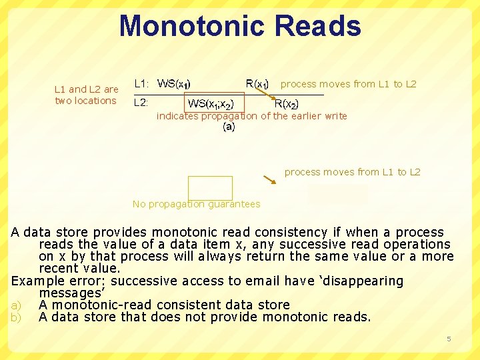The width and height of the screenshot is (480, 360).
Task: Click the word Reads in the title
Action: tap(317, 26)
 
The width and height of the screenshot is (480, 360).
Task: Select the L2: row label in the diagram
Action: tap(141, 103)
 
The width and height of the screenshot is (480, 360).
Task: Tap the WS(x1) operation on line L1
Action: tap(174, 84)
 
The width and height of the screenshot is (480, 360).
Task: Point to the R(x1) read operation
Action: tap(257, 84)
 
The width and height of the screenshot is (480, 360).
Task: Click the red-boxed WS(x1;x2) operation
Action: tap(211, 103)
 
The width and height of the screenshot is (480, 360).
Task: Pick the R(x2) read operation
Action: tap(287, 104)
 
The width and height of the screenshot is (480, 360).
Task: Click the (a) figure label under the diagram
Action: tap(229, 127)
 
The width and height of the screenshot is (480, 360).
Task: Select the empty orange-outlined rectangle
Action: tap(210, 187)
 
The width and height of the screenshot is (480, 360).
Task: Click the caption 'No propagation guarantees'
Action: tap(196, 204)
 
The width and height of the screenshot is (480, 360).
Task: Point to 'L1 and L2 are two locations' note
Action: tap(86, 95)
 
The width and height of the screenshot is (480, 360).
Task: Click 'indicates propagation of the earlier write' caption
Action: tap(251, 116)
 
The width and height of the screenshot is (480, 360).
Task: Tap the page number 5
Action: tap(449, 339)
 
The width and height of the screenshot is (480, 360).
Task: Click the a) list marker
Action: tap(15, 305)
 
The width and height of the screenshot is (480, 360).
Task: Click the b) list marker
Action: tap(15, 317)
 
